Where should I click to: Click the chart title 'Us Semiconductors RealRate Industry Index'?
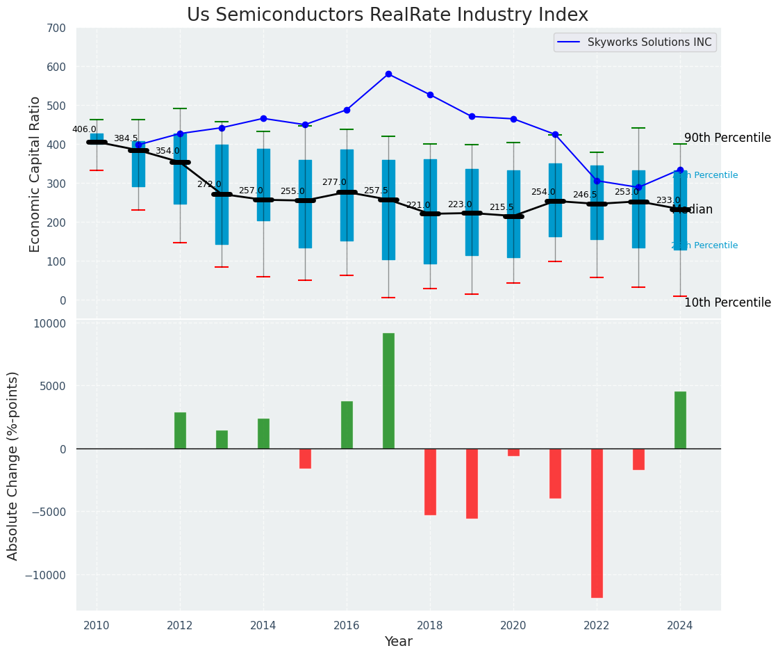(388, 15)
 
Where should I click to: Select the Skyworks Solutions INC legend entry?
(649, 42)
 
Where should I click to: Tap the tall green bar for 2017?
(388, 391)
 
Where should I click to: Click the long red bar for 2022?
(597, 523)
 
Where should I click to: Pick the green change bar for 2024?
(680, 420)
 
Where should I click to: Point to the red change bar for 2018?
(430, 481)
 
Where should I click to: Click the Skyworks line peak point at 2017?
(388, 74)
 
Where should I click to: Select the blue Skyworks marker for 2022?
(597, 181)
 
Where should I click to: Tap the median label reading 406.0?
(84, 129)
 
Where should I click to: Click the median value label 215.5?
(502, 207)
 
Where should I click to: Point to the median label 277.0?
(334, 182)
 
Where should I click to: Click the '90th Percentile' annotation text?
(727, 138)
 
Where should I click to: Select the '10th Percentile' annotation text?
(727, 302)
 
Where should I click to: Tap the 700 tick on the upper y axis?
(57, 29)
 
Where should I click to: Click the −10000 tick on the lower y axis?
(46, 575)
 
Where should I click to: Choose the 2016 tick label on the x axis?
(347, 626)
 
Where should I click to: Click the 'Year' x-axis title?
(399, 642)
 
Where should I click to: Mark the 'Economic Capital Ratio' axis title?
(35, 174)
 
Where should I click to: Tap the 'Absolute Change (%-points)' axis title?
(13, 466)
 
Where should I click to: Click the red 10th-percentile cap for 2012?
(180, 243)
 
